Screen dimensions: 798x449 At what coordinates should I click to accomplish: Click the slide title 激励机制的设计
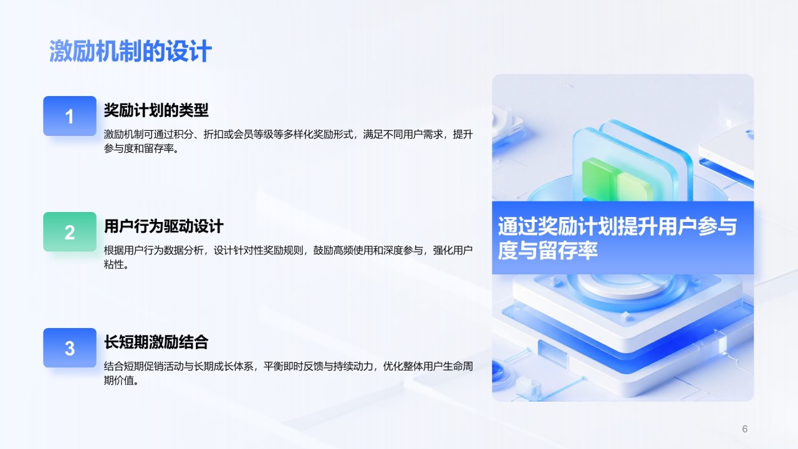[x=130, y=51]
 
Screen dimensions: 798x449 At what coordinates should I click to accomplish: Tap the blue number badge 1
[x=70, y=116]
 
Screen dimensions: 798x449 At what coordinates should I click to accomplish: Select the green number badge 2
[x=70, y=231]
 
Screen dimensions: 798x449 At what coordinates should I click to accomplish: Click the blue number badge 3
[x=70, y=348]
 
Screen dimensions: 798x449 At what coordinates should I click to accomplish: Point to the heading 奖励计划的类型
[x=156, y=110]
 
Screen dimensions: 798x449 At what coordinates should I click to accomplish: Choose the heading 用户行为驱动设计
[x=163, y=226]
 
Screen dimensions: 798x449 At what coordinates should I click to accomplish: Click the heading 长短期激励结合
[x=156, y=342]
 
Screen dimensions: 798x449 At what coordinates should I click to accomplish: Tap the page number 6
[x=744, y=428]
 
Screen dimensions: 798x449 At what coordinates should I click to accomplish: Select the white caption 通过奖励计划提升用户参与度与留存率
[x=617, y=238]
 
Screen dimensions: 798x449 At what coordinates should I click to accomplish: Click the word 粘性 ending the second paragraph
[x=113, y=265]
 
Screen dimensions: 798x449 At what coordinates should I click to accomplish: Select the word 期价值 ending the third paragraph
[x=118, y=380]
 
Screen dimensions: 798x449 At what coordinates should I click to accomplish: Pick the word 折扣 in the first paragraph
[x=213, y=134]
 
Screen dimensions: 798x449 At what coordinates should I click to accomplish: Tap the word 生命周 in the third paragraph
[x=458, y=366]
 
